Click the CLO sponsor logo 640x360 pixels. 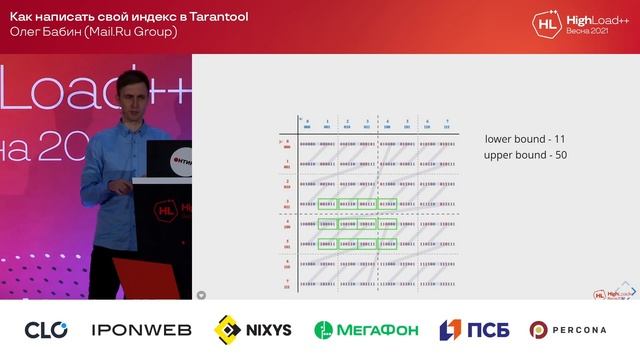pos(46,329)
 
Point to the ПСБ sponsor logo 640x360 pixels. pos(469,329)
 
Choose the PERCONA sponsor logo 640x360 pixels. pos(568,329)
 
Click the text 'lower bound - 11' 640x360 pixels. pos(525,140)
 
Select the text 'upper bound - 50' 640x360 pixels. pos(525,156)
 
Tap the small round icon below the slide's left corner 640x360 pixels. pos(201,295)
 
